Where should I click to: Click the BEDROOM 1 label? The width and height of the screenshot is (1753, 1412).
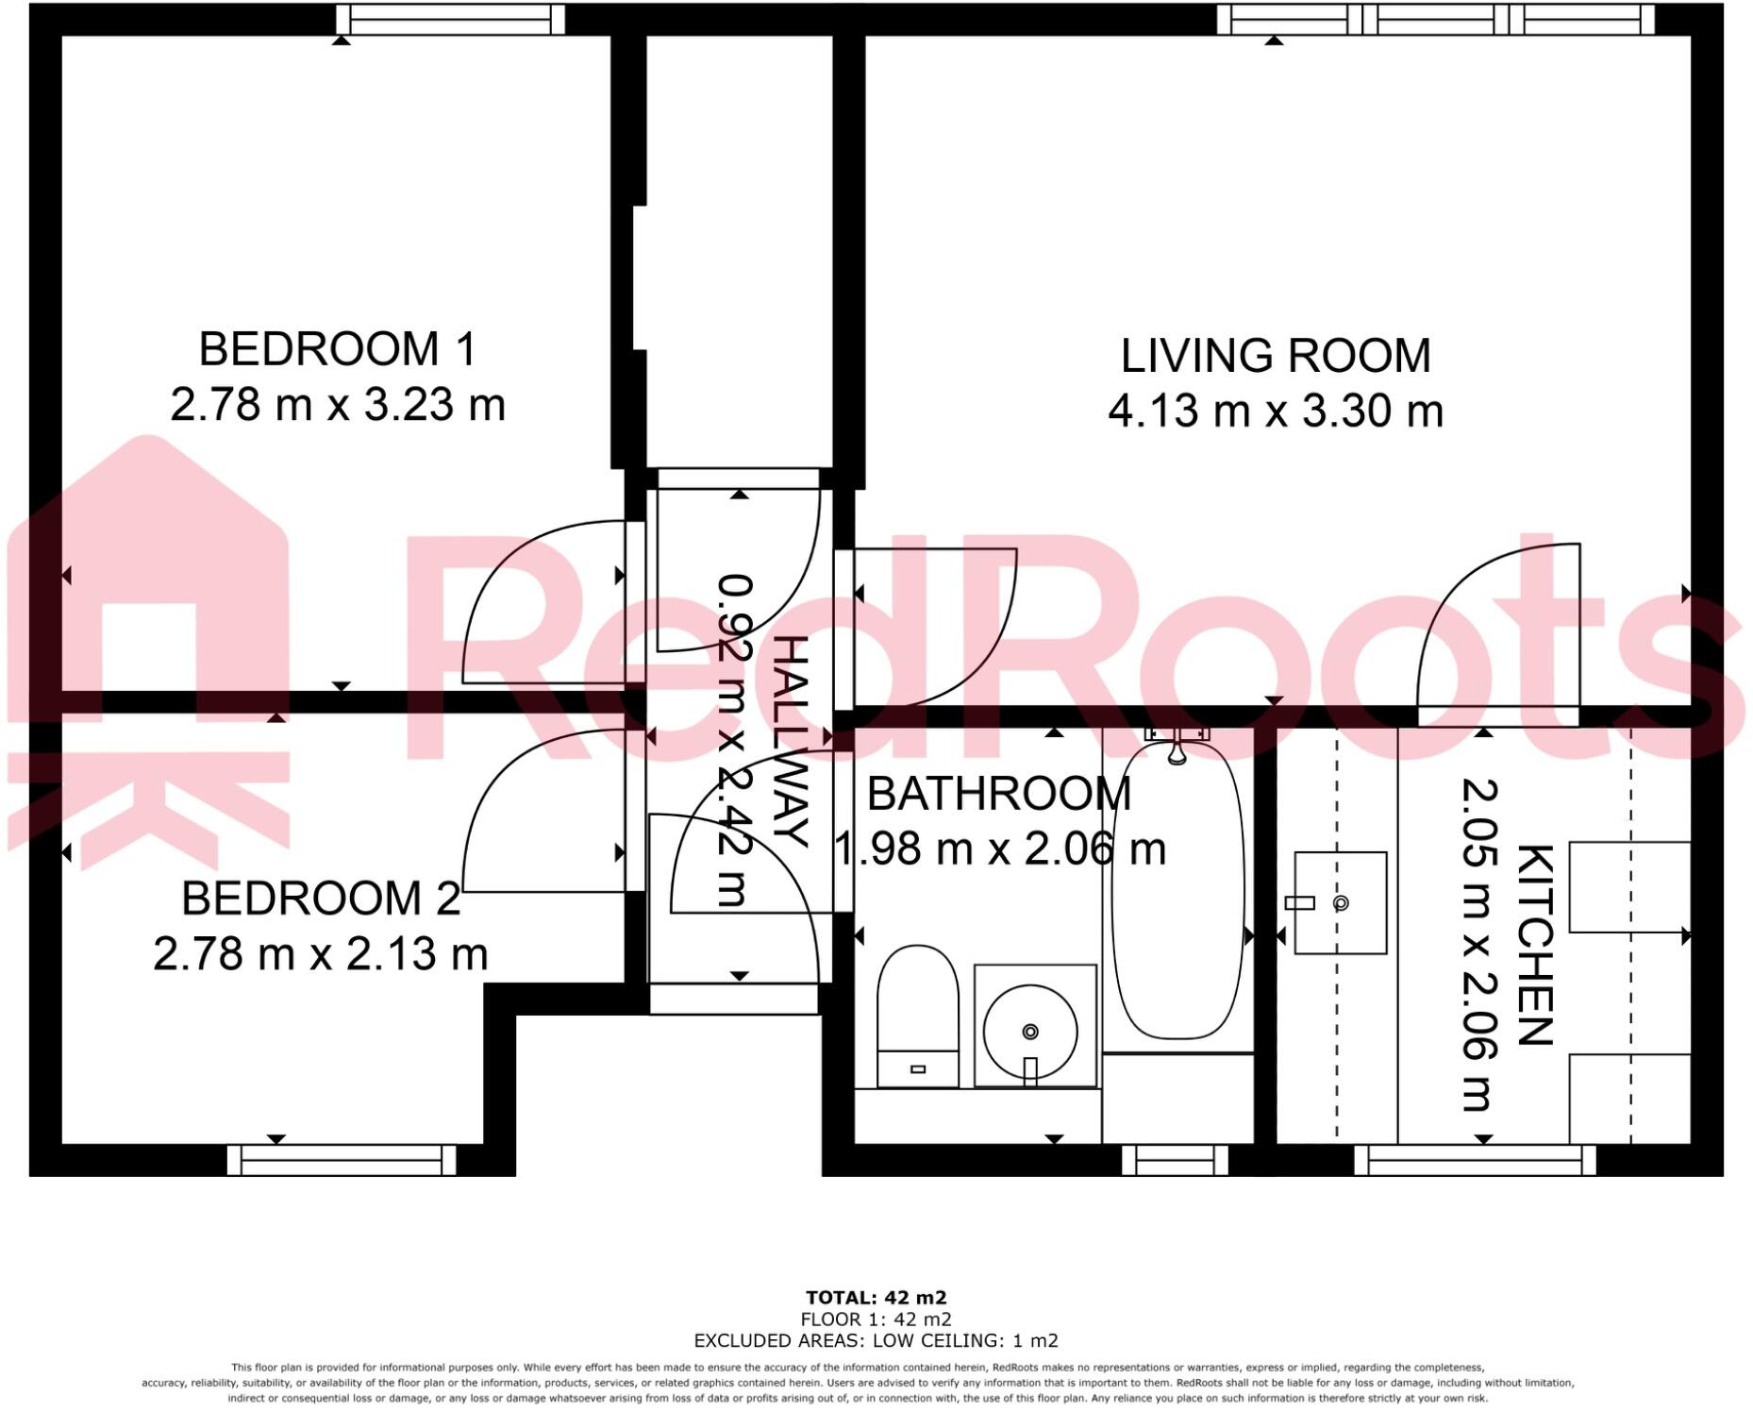click(337, 349)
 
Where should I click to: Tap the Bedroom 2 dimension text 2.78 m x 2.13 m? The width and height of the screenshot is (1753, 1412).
click(321, 954)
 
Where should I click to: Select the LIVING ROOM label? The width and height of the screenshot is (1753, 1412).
click(1275, 356)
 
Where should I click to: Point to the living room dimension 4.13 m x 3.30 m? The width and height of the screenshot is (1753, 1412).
click(1275, 412)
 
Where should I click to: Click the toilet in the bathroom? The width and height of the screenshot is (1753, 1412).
click(917, 1015)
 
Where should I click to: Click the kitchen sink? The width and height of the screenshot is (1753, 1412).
click(1340, 903)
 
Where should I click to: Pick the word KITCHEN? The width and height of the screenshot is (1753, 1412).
click(1534, 945)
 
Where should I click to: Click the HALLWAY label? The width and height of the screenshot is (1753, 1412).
click(791, 742)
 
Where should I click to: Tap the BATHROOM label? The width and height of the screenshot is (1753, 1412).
click(998, 794)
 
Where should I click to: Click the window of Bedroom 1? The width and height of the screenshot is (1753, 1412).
click(450, 19)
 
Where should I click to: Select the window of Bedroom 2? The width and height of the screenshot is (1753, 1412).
click(342, 1160)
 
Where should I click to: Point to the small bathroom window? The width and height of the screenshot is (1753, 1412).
click(1175, 1160)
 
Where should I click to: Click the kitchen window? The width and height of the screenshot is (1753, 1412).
click(1475, 1160)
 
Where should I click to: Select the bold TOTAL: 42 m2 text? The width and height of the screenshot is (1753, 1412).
click(876, 1298)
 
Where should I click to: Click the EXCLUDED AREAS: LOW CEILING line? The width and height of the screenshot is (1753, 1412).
click(876, 1340)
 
